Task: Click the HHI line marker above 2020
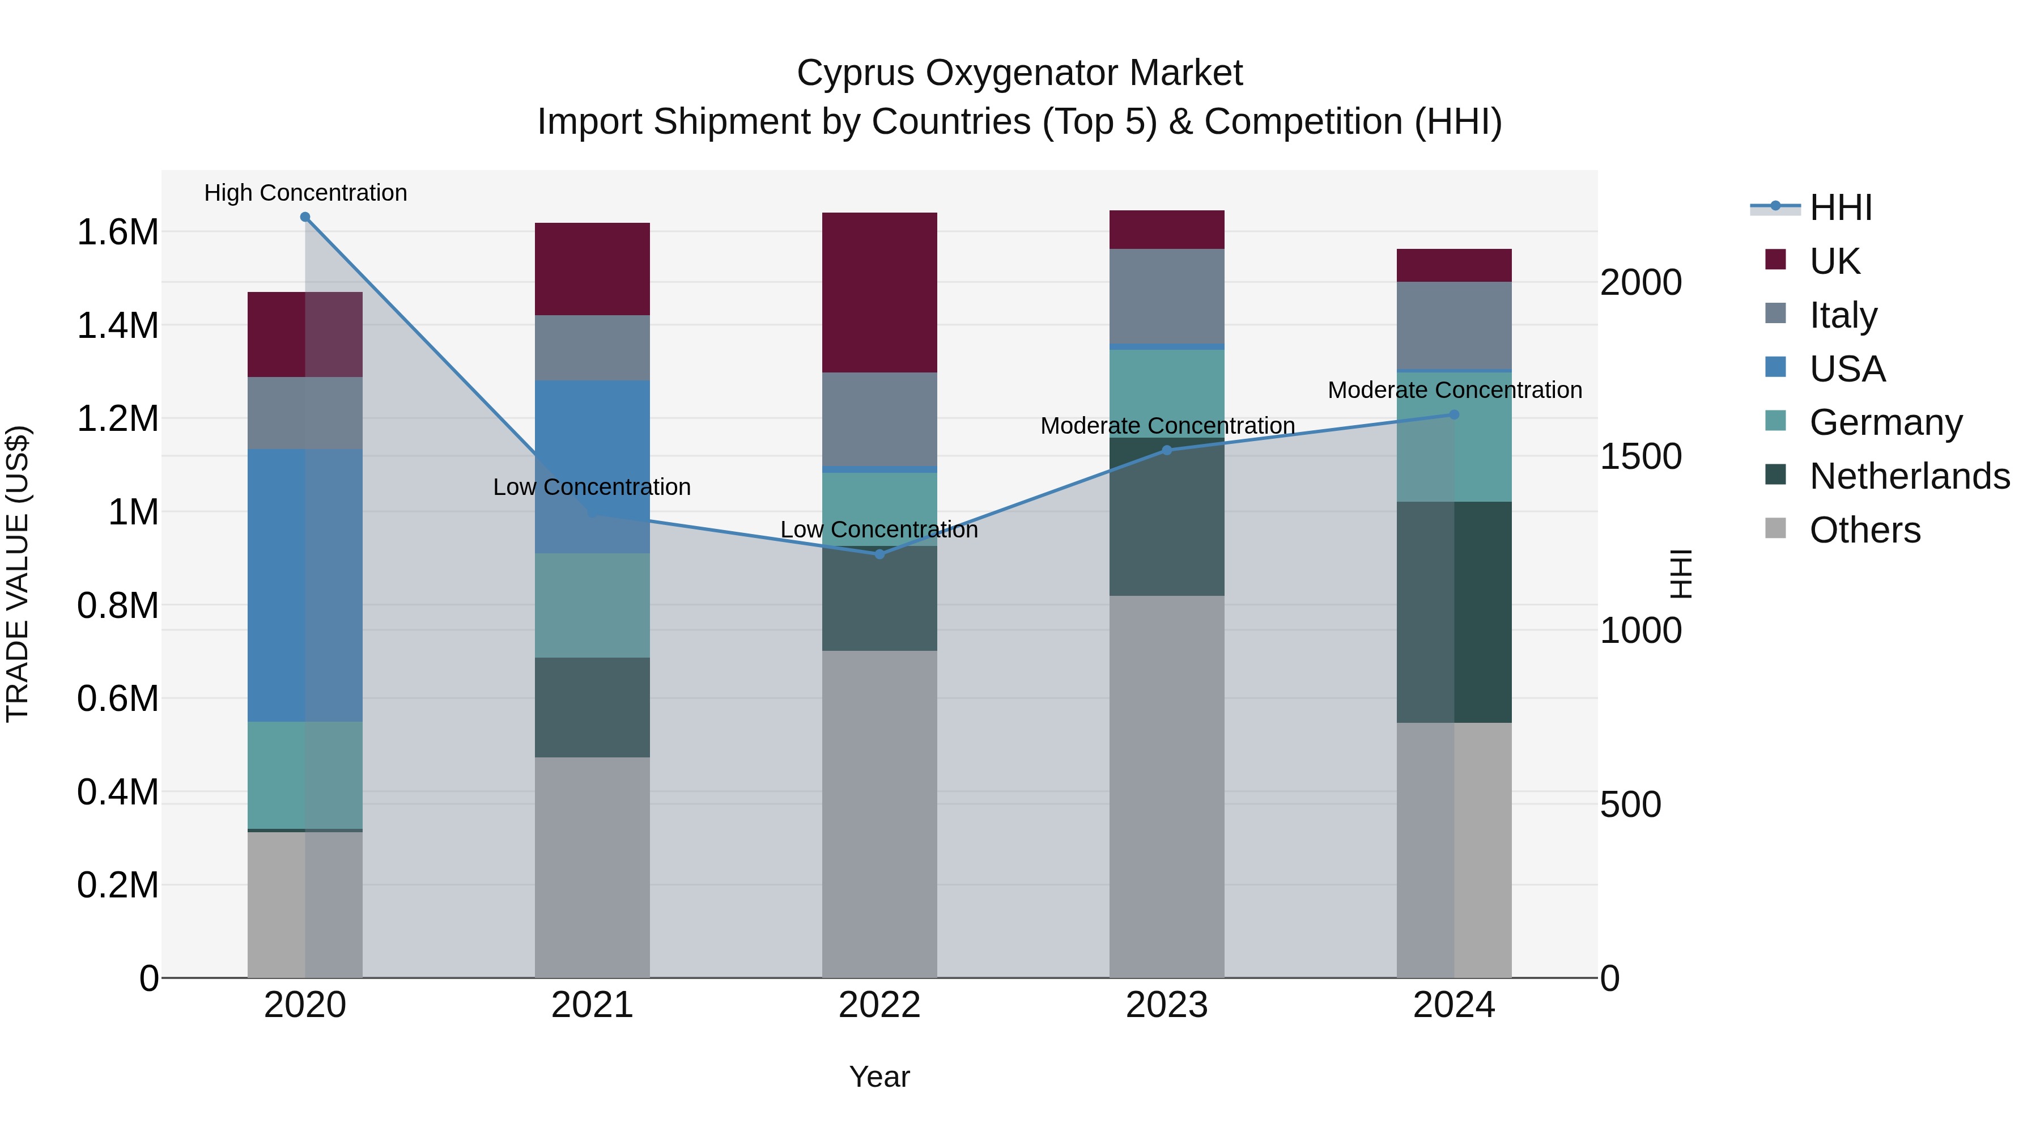click(305, 217)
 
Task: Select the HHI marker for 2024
click(1454, 414)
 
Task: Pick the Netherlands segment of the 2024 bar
click(1454, 612)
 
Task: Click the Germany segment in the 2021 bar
click(592, 605)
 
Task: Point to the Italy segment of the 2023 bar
click(1167, 296)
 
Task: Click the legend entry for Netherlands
click(1909, 476)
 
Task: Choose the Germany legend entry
click(1885, 422)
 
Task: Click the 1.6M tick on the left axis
click(118, 232)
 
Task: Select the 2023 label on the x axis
click(1167, 1005)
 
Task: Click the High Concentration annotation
click(305, 193)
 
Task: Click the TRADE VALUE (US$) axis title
click(18, 574)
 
